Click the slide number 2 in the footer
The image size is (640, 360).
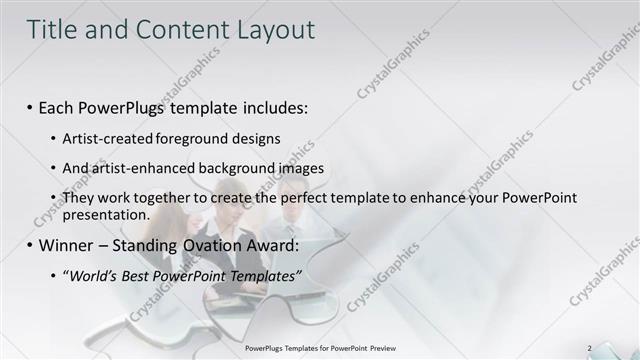coord(589,348)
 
